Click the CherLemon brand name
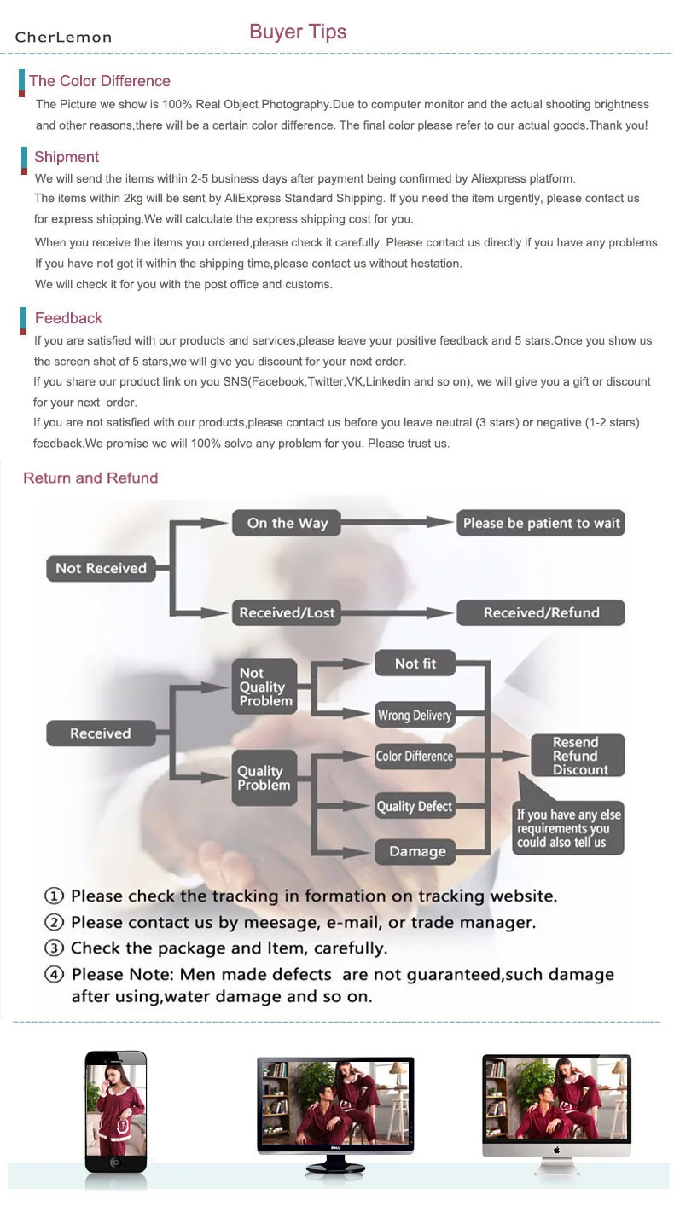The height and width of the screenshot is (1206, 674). (63, 37)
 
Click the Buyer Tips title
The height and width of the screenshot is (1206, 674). (298, 32)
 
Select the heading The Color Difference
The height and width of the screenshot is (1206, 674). (100, 81)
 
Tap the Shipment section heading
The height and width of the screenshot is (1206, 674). (67, 157)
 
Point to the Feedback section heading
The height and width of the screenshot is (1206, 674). (68, 318)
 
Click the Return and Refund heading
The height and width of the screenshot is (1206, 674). (90, 478)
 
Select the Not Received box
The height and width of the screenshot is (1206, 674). (101, 568)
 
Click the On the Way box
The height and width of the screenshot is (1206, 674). (287, 524)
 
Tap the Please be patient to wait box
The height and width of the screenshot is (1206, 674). (541, 523)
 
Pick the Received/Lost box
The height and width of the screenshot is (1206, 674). (287, 612)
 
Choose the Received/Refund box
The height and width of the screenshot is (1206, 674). (541, 612)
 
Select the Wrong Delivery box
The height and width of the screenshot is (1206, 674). (415, 715)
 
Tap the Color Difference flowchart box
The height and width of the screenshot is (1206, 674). (415, 756)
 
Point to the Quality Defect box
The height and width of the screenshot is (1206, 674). (415, 806)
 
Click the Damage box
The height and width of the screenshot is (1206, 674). (417, 851)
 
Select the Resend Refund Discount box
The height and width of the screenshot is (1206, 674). (578, 756)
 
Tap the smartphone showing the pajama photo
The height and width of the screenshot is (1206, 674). (116, 1110)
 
